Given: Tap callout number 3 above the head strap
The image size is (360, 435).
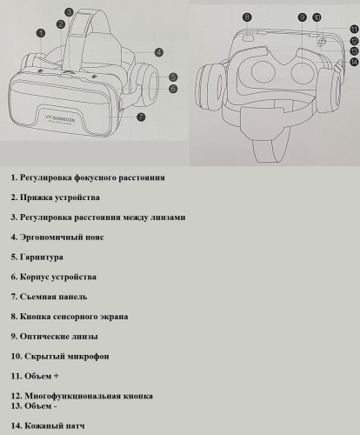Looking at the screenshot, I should pyautogui.click(x=69, y=12).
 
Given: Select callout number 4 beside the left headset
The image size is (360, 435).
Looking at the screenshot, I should pyautogui.click(x=159, y=52).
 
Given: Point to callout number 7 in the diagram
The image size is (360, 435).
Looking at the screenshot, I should pyautogui.click(x=142, y=116).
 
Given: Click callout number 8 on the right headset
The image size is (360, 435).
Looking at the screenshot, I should pyautogui.click(x=247, y=17).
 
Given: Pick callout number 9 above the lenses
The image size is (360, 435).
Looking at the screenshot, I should pyautogui.click(x=302, y=17).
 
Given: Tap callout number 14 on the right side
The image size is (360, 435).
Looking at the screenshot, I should pyautogui.click(x=354, y=61).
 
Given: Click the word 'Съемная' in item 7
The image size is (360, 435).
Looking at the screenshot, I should pyautogui.click(x=40, y=297).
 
